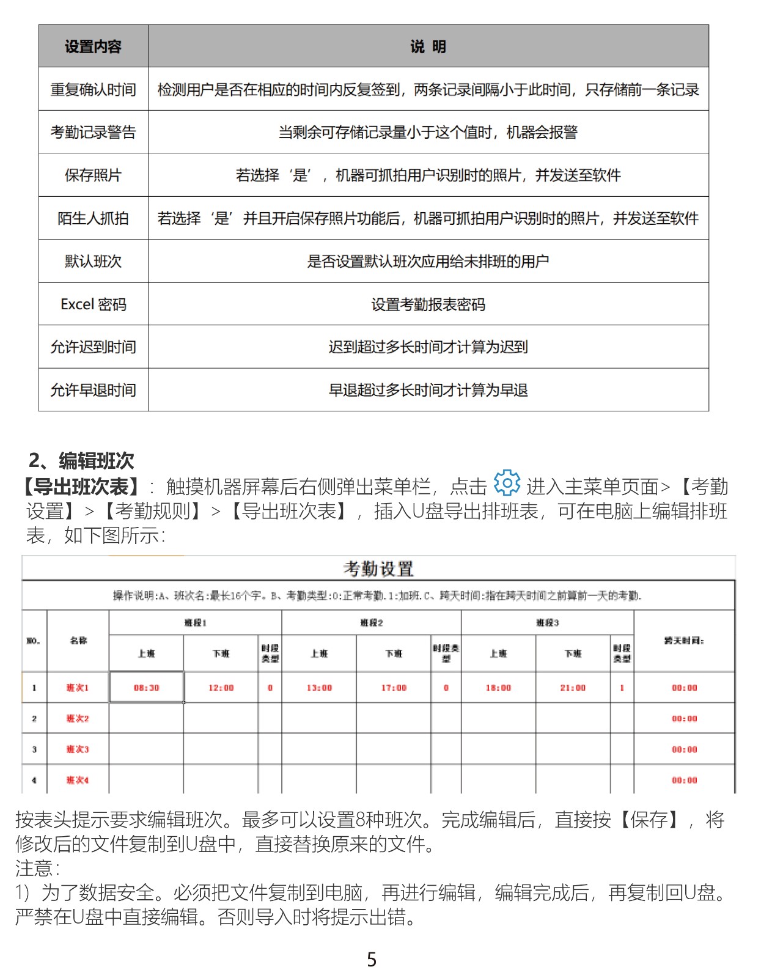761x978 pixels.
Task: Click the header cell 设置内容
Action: coord(93,46)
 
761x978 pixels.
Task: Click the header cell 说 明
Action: coord(428,46)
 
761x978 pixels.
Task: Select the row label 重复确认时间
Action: coord(93,90)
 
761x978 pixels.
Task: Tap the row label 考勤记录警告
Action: coord(93,133)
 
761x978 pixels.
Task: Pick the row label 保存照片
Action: coord(93,175)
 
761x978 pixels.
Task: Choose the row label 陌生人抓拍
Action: coord(93,218)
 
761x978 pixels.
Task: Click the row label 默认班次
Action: coord(93,262)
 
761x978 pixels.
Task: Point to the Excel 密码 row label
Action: coord(93,304)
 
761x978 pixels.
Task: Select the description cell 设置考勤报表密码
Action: coord(428,304)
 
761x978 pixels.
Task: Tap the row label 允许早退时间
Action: coord(93,390)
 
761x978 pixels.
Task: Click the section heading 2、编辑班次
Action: coord(81,460)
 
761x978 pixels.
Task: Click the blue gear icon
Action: coord(507,483)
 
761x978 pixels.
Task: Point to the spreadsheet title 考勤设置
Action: coord(378,569)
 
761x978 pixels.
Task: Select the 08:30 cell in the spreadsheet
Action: coord(146,688)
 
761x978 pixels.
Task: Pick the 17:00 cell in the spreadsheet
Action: coord(394,688)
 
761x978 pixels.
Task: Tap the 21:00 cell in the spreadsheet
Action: coord(573,688)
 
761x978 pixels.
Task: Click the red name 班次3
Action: coord(78,749)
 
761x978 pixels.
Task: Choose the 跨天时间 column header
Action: coord(684,641)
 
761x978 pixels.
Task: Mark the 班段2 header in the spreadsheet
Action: coord(371,623)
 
